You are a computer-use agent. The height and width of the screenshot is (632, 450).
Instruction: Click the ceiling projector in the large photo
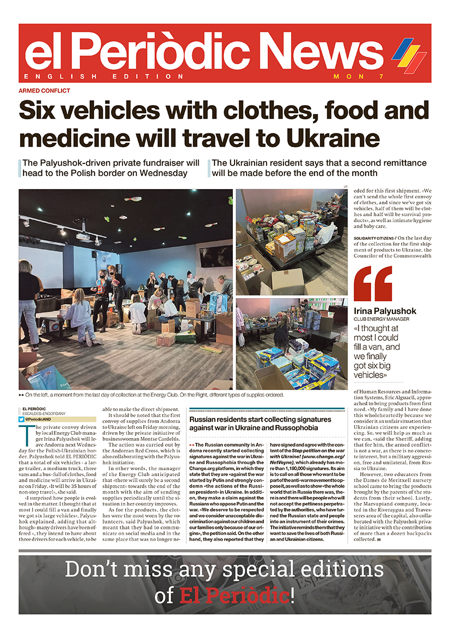[x=83, y=238]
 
